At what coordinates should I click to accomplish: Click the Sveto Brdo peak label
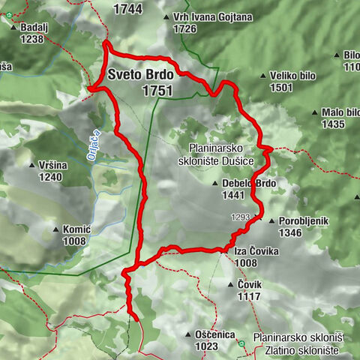140,75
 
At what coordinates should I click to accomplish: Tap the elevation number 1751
157,91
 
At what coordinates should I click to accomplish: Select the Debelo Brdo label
250,183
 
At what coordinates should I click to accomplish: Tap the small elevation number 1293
240,217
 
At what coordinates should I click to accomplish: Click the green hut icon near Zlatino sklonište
241,344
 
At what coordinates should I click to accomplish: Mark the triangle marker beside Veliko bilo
262,76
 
